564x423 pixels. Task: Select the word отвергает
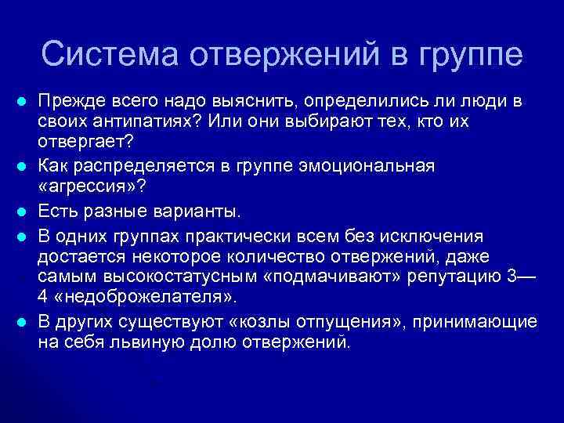pos(82,145)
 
